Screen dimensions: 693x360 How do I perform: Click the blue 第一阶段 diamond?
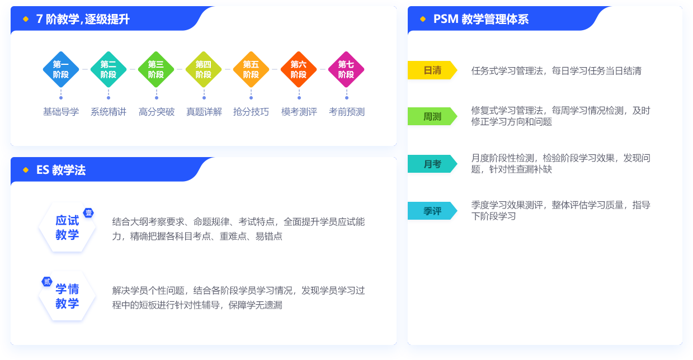[x=61, y=69]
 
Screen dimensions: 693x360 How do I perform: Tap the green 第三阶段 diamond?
[x=156, y=69]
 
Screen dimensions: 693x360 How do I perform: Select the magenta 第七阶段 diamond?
[x=346, y=69]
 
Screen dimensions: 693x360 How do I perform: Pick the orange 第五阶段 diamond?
[x=251, y=69]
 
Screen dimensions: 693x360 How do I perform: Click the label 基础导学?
[x=61, y=112]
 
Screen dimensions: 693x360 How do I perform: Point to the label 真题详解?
[x=204, y=112]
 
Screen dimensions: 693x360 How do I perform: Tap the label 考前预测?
[x=347, y=112]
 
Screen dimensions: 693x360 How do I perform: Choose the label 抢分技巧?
[x=251, y=112]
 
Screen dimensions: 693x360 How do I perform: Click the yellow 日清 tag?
[x=432, y=70]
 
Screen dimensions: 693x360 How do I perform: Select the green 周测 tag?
[x=432, y=116]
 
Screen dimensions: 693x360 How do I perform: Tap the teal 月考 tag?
[x=432, y=164]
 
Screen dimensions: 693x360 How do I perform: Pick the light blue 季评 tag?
[x=432, y=211]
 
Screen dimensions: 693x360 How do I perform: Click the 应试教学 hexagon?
[x=67, y=228]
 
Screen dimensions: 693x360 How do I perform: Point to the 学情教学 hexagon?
[x=67, y=296]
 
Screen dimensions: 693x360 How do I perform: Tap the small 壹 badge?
[x=89, y=213]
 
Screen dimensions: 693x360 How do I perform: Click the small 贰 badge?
[x=47, y=281]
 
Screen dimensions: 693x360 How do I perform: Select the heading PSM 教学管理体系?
[x=481, y=19]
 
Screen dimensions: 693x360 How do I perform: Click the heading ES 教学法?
[x=61, y=170]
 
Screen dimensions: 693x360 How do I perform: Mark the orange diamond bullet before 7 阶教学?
[x=26, y=19]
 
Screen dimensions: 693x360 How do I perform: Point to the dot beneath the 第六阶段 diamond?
[x=299, y=98]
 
